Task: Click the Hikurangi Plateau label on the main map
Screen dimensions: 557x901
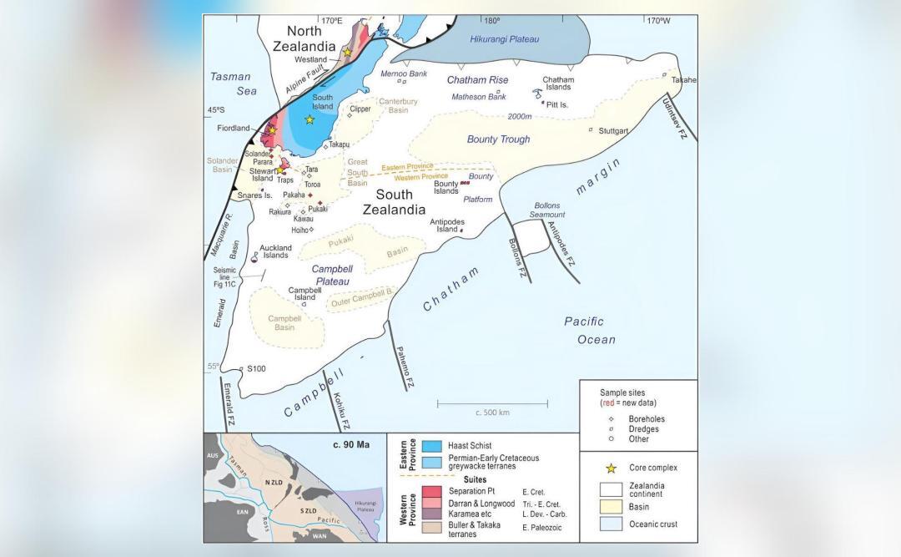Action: pyautogui.click(x=505, y=39)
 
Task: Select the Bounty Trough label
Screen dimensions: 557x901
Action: pyautogui.click(x=498, y=139)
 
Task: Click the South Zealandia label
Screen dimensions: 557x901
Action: pyautogui.click(x=394, y=202)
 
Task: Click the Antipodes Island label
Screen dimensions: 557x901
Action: pyautogui.click(x=445, y=225)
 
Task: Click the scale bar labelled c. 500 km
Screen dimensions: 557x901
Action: pyautogui.click(x=492, y=406)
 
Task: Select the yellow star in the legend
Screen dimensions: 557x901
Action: pyautogui.click(x=611, y=467)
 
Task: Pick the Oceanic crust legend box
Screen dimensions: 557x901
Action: pyautogui.click(x=611, y=524)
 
